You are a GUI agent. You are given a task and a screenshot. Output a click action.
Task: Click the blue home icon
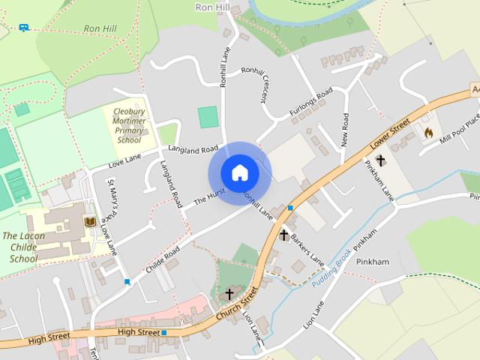pyautogui.click(x=239, y=173)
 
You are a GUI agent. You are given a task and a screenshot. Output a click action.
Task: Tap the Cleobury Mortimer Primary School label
pyautogui.click(x=129, y=125)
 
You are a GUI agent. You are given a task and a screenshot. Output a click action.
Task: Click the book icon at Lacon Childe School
pyautogui.click(x=88, y=222)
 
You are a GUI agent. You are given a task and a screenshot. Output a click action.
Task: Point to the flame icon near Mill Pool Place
pyautogui.click(x=428, y=132)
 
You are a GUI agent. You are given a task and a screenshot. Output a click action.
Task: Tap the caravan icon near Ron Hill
pyautogui.click(x=24, y=28)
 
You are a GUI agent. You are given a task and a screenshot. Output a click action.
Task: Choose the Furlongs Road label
pyautogui.click(x=310, y=103)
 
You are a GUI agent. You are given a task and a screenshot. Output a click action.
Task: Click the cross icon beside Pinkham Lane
pyautogui.click(x=380, y=160)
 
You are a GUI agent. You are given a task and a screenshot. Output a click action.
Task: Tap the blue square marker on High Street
pyautogui.click(x=163, y=332)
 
